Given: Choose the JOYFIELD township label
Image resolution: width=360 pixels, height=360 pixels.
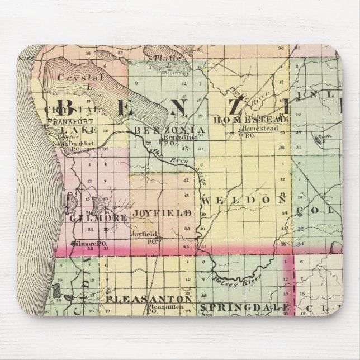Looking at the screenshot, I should coord(163,213).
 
